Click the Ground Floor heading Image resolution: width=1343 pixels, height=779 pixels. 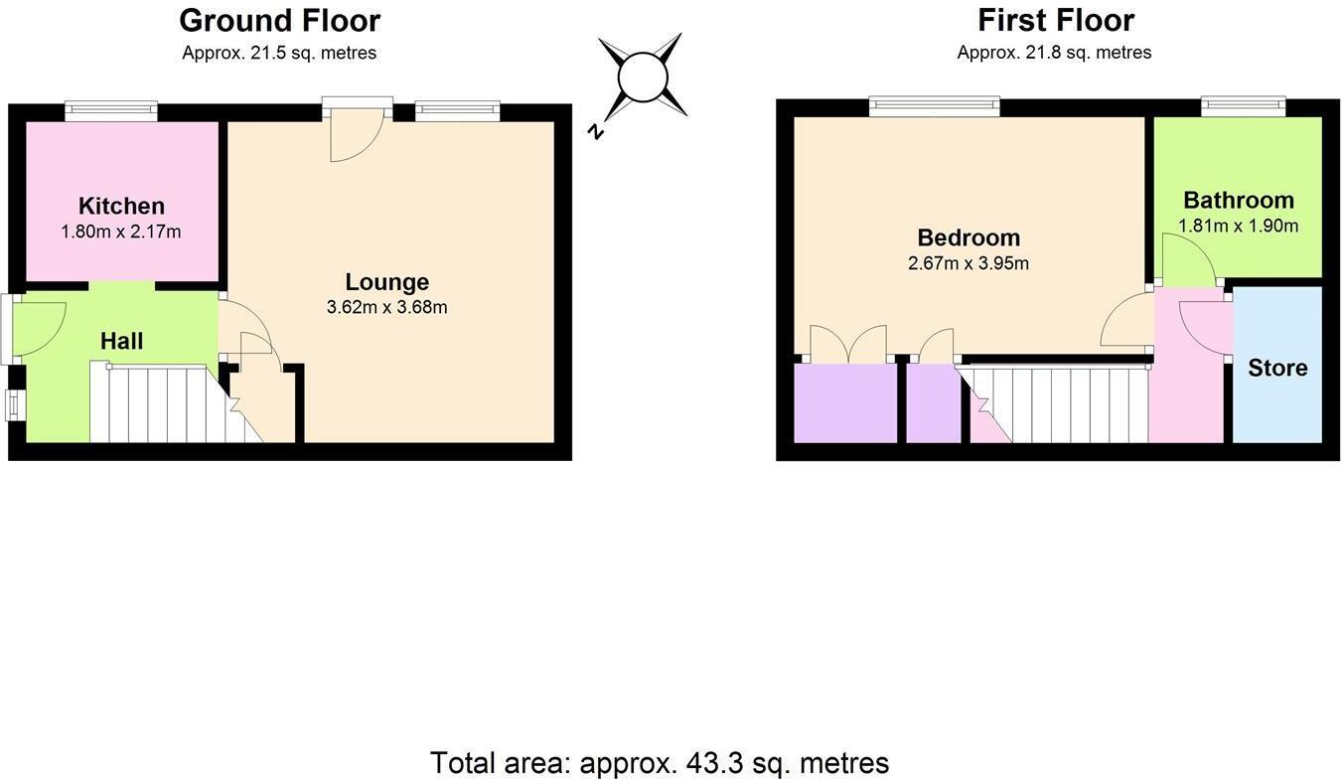click(279, 20)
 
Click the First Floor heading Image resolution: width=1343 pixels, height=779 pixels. click(1055, 20)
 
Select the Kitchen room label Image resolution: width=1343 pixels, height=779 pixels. click(121, 206)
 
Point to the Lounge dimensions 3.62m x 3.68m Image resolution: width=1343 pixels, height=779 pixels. click(386, 307)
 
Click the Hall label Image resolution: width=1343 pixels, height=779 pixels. click(121, 341)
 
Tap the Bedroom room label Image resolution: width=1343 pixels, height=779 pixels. click(968, 237)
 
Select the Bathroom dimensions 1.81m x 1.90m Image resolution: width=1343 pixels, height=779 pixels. click(1238, 226)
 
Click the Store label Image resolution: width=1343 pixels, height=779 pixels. click(1277, 368)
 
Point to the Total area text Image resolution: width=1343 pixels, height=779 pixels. click(659, 762)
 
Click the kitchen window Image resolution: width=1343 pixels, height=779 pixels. click(111, 111)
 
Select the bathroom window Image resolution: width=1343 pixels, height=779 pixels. click(1243, 106)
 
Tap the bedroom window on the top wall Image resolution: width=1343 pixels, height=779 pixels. click(934, 106)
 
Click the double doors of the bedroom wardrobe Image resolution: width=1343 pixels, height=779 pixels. click(848, 344)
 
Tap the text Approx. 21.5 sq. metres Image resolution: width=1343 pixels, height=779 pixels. click(279, 53)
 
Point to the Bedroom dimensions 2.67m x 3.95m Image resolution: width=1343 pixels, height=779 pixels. click(968, 263)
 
